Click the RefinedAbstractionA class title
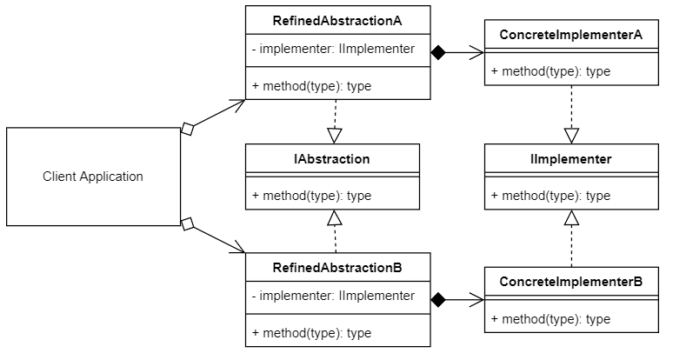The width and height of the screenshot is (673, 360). [338, 17]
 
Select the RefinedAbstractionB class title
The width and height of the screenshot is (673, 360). [338, 266]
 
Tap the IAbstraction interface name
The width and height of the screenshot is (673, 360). [332, 159]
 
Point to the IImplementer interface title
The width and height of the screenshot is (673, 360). [571, 159]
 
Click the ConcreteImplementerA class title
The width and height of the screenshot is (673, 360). [571, 35]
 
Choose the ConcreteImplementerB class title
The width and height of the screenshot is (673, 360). [571, 283]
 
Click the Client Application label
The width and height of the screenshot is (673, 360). [93, 177]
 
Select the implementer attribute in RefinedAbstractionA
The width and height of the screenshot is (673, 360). [334, 49]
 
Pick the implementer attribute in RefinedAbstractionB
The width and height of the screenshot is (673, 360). [334, 296]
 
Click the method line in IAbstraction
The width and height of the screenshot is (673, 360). [311, 196]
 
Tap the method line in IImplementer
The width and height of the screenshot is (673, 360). [550, 196]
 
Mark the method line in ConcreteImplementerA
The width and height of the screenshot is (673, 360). [550, 71]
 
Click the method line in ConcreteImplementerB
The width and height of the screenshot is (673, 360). [550, 319]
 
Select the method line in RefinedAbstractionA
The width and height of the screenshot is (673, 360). [311, 85]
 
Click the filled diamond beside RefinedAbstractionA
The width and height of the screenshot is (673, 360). [438, 53]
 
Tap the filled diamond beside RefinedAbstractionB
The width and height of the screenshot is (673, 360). [438, 300]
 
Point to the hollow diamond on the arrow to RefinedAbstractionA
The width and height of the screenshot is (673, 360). [186, 129]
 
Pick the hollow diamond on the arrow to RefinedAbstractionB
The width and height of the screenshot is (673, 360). [186, 224]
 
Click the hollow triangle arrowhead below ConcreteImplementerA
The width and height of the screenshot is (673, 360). [571, 136]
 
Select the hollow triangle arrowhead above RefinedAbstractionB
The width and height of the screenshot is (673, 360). [335, 217]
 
